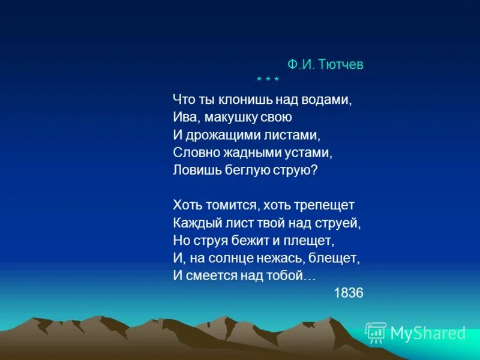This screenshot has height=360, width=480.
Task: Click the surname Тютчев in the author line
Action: pyautogui.click(x=342, y=65)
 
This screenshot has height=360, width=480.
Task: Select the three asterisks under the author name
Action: pyautogui.click(x=268, y=80)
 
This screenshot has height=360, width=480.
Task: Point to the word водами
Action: pyautogui.click(x=328, y=100)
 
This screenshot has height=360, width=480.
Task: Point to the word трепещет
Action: pyautogui.click(x=325, y=205)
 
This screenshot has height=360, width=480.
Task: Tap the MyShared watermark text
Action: pyautogui.click(x=428, y=333)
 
